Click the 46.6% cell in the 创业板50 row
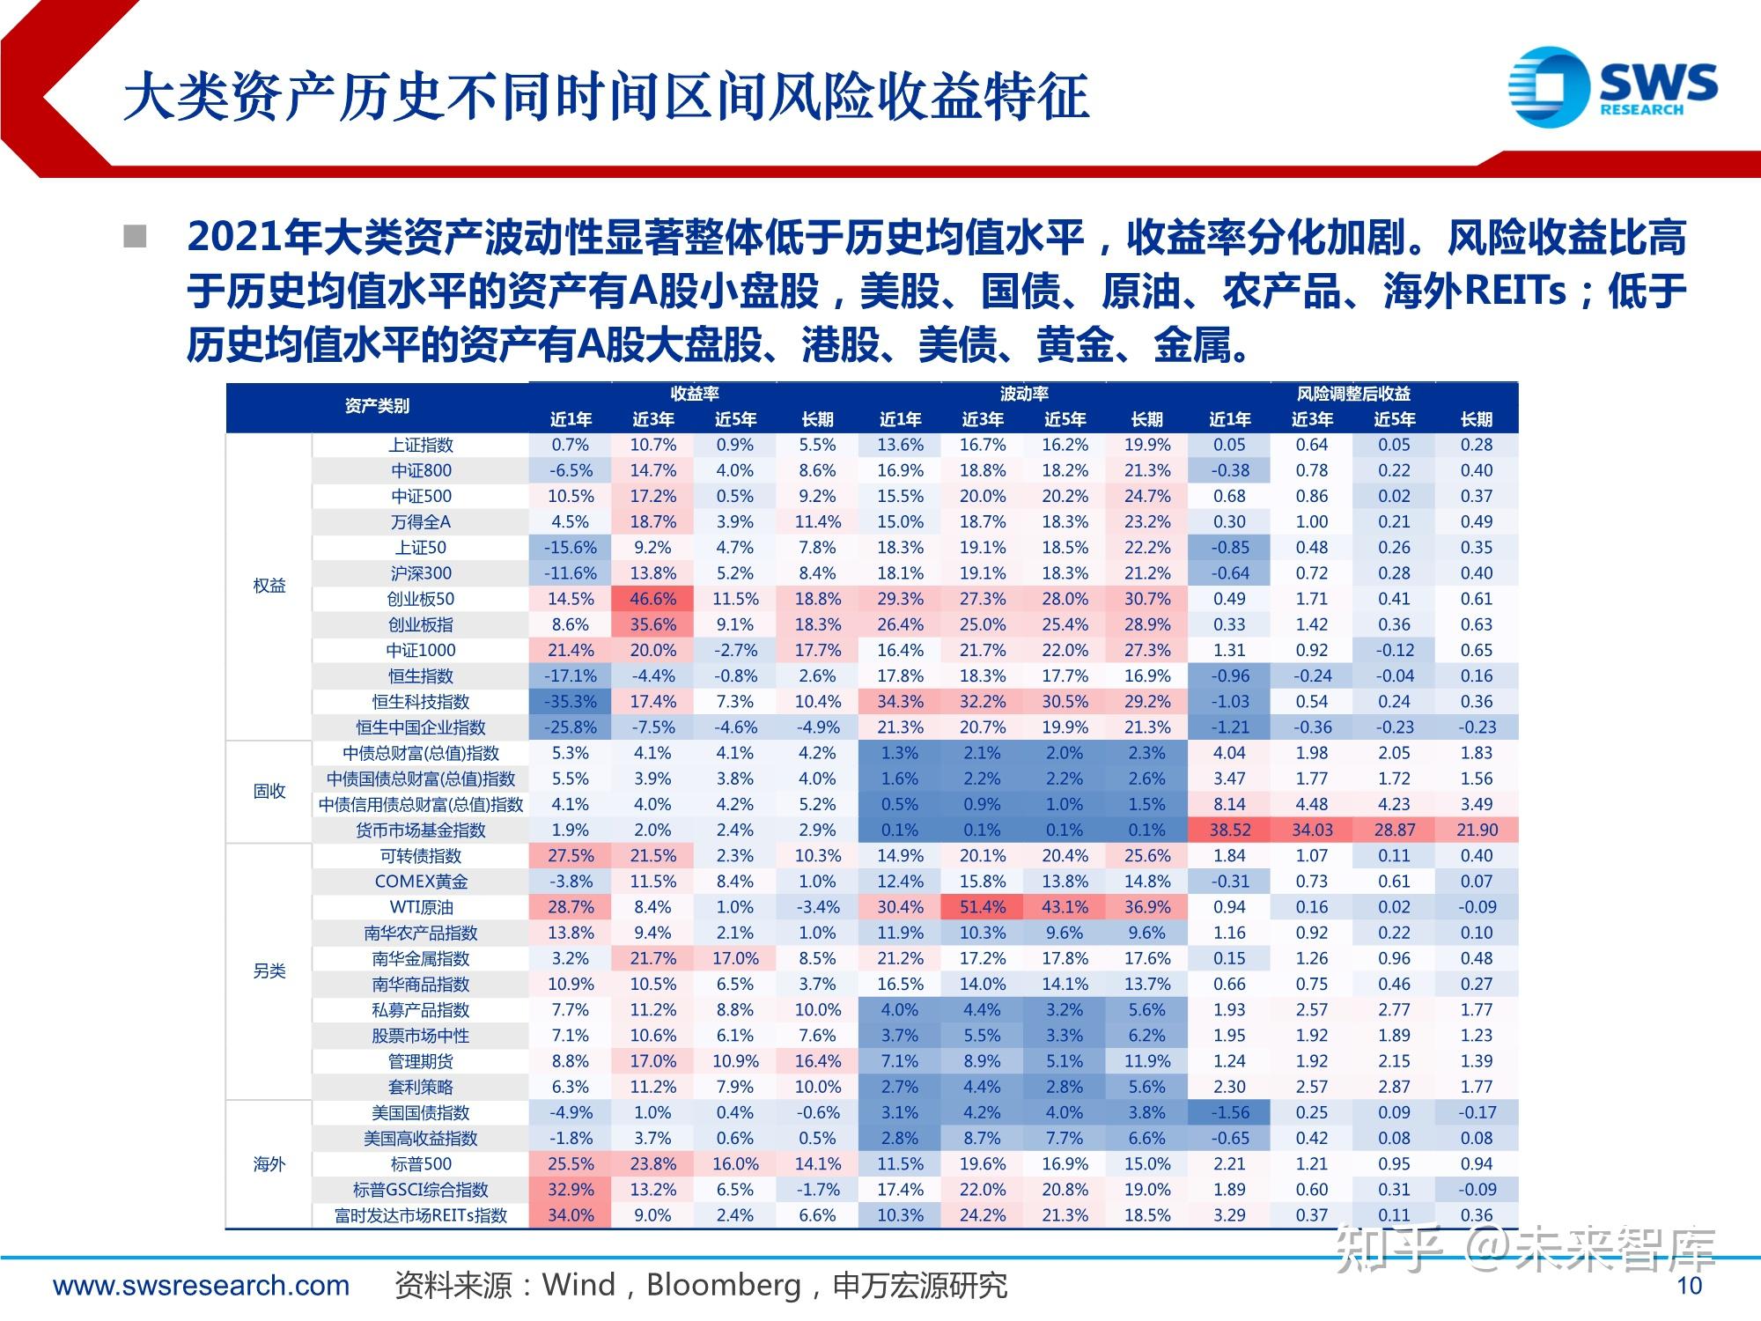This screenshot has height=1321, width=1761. tap(652, 599)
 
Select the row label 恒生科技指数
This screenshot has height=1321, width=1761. tap(420, 702)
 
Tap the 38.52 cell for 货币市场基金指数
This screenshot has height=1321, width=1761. tap(1229, 830)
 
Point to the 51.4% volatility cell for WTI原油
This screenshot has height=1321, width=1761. tap(982, 907)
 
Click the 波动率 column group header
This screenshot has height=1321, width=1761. tap(1023, 394)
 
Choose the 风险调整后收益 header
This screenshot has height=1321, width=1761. tap(1352, 394)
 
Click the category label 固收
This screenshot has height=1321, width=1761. tap(269, 791)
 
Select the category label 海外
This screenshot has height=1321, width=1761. tap(269, 1164)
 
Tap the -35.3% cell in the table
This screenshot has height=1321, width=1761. tap(571, 702)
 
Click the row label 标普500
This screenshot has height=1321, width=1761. tap(420, 1164)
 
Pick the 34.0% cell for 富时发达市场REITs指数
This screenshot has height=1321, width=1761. tap(571, 1215)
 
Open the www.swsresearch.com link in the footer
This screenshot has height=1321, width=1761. tap(202, 1286)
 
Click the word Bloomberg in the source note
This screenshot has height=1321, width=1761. tap(723, 1286)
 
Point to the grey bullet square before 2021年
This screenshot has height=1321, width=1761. tap(135, 237)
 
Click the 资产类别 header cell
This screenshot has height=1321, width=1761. tap(377, 406)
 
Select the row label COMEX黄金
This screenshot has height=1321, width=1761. tap(420, 882)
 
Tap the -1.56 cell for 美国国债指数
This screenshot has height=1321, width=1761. tap(1229, 1112)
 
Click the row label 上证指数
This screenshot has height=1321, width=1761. tap(420, 445)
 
